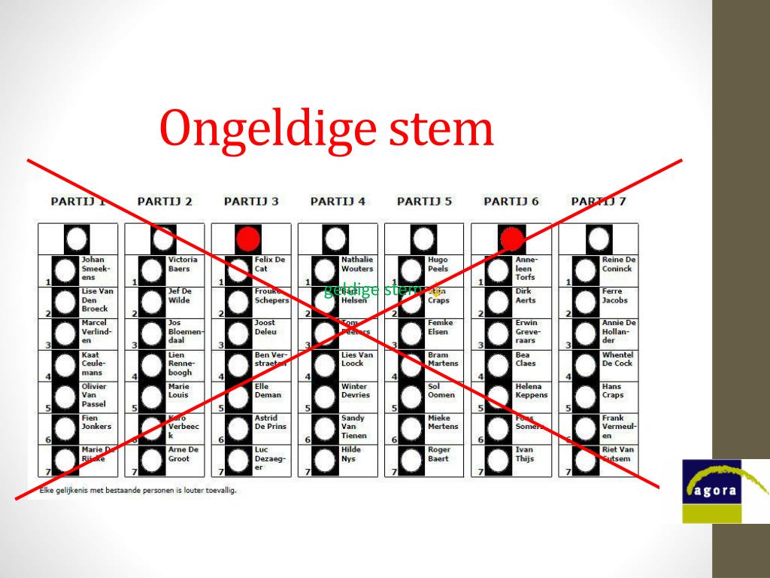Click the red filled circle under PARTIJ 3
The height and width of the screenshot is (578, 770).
pyautogui.click(x=247, y=239)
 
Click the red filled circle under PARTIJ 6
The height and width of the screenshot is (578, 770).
pyautogui.click(x=511, y=239)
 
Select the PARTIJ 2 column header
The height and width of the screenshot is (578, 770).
pyautogui.click(x=165, y=201)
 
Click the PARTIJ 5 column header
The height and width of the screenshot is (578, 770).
pyautogui.click(x=424, y=201)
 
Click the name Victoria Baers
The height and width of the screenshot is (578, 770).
pyautogui.click(x=183, y=264)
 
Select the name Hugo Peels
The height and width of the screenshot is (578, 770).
pyautogui.click(x=438, y=264)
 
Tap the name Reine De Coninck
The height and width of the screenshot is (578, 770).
pyautogui.click(x=619, y=264)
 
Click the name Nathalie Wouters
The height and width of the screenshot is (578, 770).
pyautogui.click(x=357, y=264)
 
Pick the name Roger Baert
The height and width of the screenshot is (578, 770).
pyautogui.click(x=439, y=454)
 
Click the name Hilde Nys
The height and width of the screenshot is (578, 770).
pyautogui.click(x=351, y=454)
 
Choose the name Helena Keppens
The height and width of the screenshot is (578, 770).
pyautogui.click(x=532, y=391)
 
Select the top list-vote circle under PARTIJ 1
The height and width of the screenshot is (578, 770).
pyautogui.click(x=77, y=239)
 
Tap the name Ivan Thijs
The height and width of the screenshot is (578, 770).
pyautogui.click(x=525, y=454)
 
